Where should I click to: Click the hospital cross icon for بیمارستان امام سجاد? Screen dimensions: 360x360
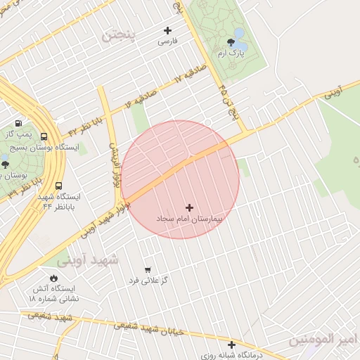[189, 207]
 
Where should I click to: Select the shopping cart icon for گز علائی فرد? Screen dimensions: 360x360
[148, 269]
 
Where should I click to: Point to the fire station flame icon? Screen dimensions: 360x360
[53, 278]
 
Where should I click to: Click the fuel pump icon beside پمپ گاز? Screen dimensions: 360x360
[18, 123]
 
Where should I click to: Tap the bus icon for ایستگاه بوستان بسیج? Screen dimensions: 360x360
[44, 137]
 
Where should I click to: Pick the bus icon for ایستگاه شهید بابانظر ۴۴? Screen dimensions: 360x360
[59, 186]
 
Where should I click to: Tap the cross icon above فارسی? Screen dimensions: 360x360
[167, 30]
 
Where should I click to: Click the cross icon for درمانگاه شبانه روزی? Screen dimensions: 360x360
[231, 344]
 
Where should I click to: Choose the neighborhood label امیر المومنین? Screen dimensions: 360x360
[323, 341]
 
